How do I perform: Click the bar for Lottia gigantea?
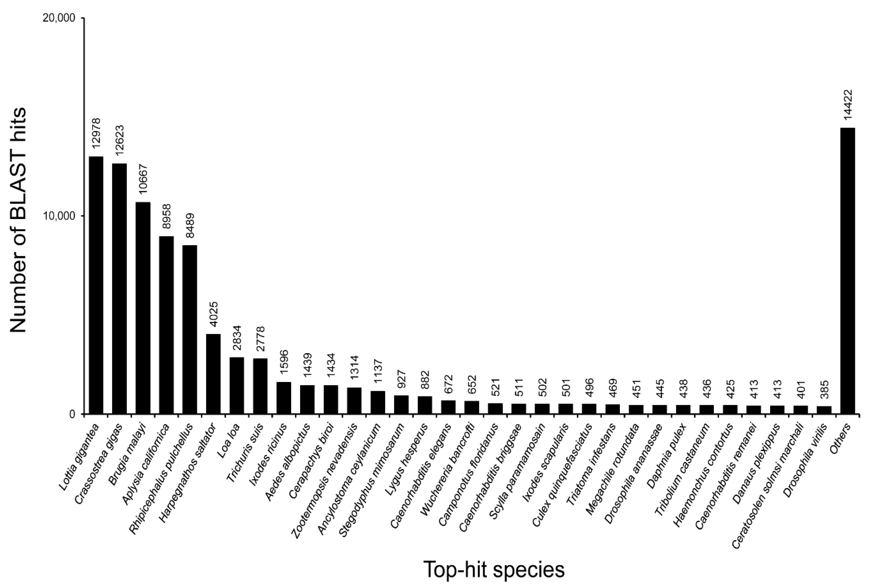(x=96, y=285)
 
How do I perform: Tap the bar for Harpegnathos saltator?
(x=213, y=374)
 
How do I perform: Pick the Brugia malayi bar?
(x=143, y=308)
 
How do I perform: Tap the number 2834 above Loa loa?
(x=237, y=338)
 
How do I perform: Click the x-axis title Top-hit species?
(x=494, y=570)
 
